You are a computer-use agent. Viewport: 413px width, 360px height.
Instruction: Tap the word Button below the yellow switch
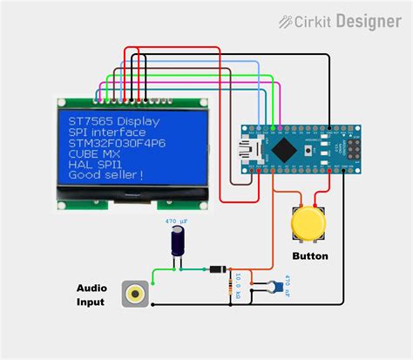[309, 256]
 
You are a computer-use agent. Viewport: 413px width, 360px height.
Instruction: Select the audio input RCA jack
[134, 294]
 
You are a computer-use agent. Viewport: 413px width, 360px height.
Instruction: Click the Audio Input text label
[91, 295]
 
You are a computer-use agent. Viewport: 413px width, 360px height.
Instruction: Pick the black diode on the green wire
[215, 268]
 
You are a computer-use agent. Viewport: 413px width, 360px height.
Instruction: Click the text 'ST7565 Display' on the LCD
[108, 120]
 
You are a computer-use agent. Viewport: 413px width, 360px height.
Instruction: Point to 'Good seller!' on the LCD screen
[102, 175]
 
